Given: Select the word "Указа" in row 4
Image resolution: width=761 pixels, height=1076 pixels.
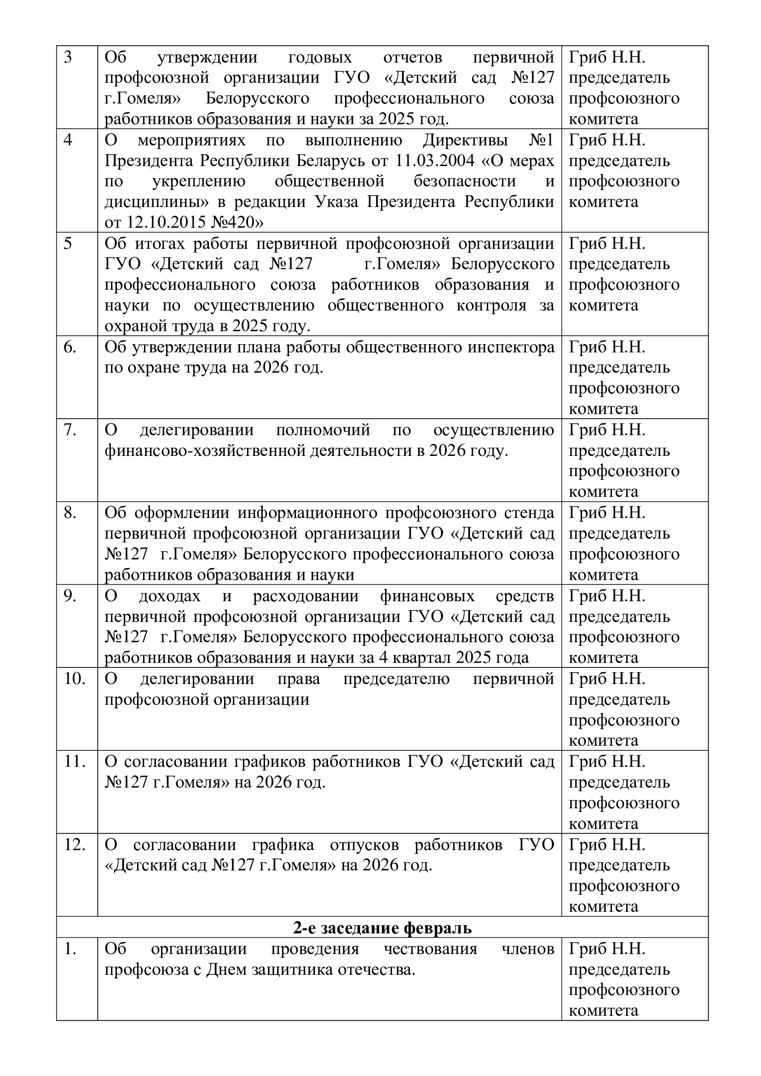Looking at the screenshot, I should [x=338, y=202].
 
